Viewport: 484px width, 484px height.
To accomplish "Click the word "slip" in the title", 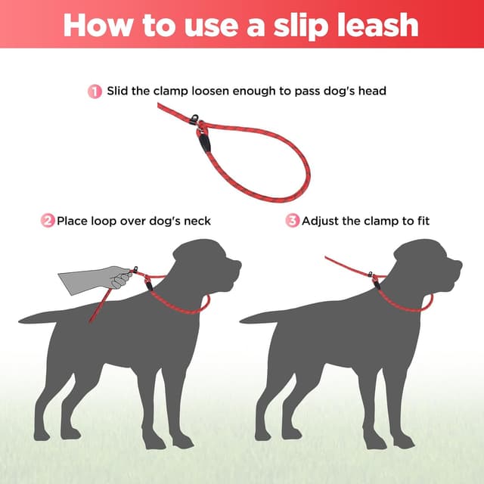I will coord(299,24).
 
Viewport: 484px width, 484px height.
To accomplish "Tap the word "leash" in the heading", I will coord(376,24).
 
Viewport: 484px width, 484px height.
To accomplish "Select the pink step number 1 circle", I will coord(95,92).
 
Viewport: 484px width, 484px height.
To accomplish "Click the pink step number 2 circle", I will coord(48,221).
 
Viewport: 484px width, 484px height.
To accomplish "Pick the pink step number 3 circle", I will coord(292,221).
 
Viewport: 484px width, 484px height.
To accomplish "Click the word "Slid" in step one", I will coord(119,92).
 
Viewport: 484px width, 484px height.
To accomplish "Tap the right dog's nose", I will coord(459,264).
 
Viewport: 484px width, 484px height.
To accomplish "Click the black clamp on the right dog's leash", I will coord(375,281).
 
